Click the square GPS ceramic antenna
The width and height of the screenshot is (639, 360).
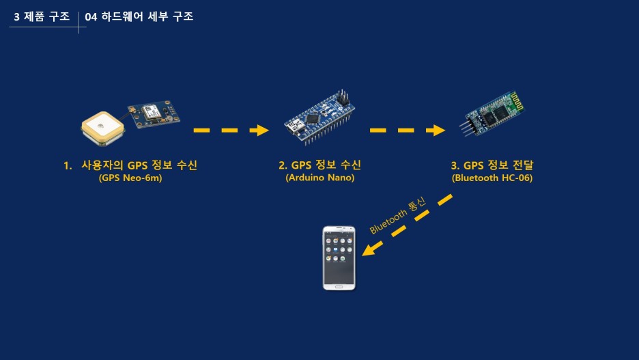pos(102,128)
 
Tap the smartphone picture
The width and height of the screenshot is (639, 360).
pos(339,258)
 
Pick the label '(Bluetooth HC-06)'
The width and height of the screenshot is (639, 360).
pos(492,178)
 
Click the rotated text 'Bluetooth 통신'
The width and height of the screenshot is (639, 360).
pos(397,215)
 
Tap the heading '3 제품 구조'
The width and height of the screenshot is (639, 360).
pos(42,16)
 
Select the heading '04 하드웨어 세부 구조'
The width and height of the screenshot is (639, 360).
pos(139,16)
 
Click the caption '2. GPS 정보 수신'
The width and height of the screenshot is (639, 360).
pos(319,165)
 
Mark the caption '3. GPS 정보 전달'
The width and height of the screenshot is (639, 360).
pos(492,165)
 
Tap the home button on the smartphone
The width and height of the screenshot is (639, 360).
pos(339,286)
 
